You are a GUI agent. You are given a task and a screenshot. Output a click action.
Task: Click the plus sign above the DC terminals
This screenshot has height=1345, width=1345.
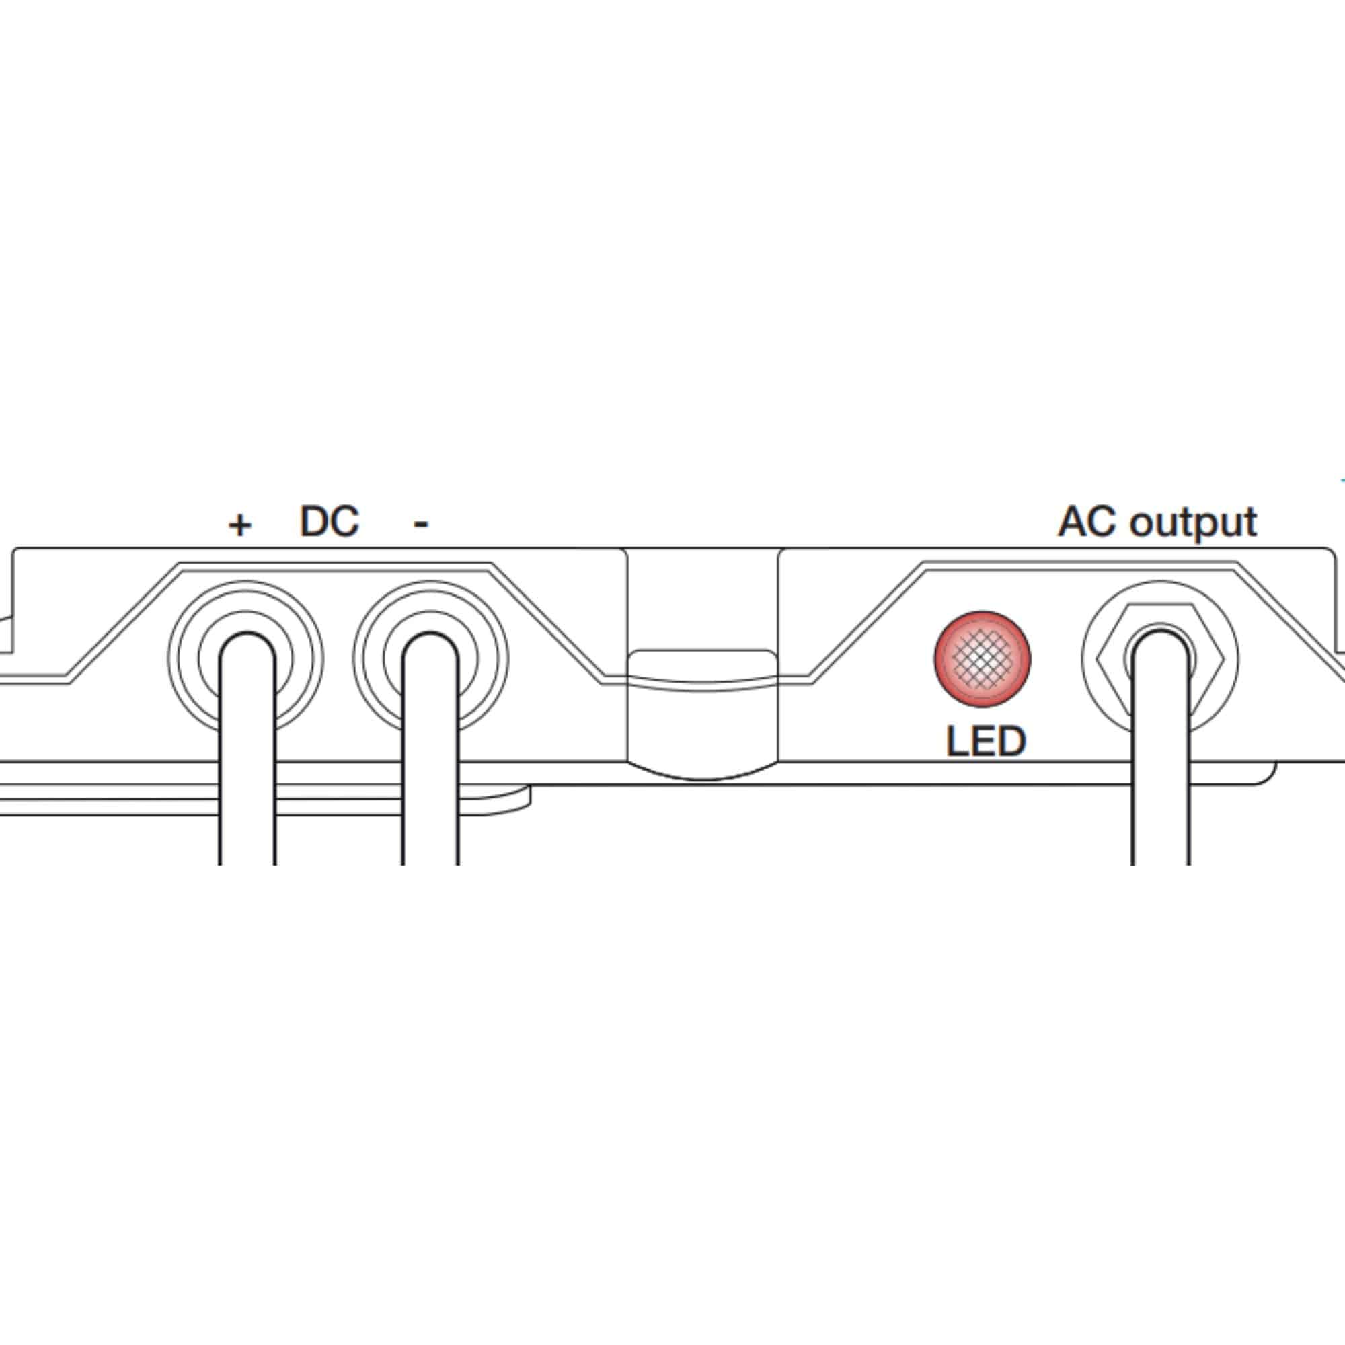coord(239,525)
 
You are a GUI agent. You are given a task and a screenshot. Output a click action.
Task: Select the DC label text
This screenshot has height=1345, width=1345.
coord(330,521)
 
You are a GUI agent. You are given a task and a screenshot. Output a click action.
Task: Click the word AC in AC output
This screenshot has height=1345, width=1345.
coord(1089,521)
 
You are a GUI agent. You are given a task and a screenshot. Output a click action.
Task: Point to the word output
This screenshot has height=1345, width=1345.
coord(1193,523)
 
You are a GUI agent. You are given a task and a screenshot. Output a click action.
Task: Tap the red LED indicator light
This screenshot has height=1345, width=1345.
coord(983,658)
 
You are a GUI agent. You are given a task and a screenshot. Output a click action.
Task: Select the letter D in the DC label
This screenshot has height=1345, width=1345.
coord(314,521)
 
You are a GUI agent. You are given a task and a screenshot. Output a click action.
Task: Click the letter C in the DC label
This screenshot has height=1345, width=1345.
coord(345,521)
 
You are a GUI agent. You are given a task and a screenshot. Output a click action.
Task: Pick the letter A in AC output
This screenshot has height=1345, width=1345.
coord(1073,521)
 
